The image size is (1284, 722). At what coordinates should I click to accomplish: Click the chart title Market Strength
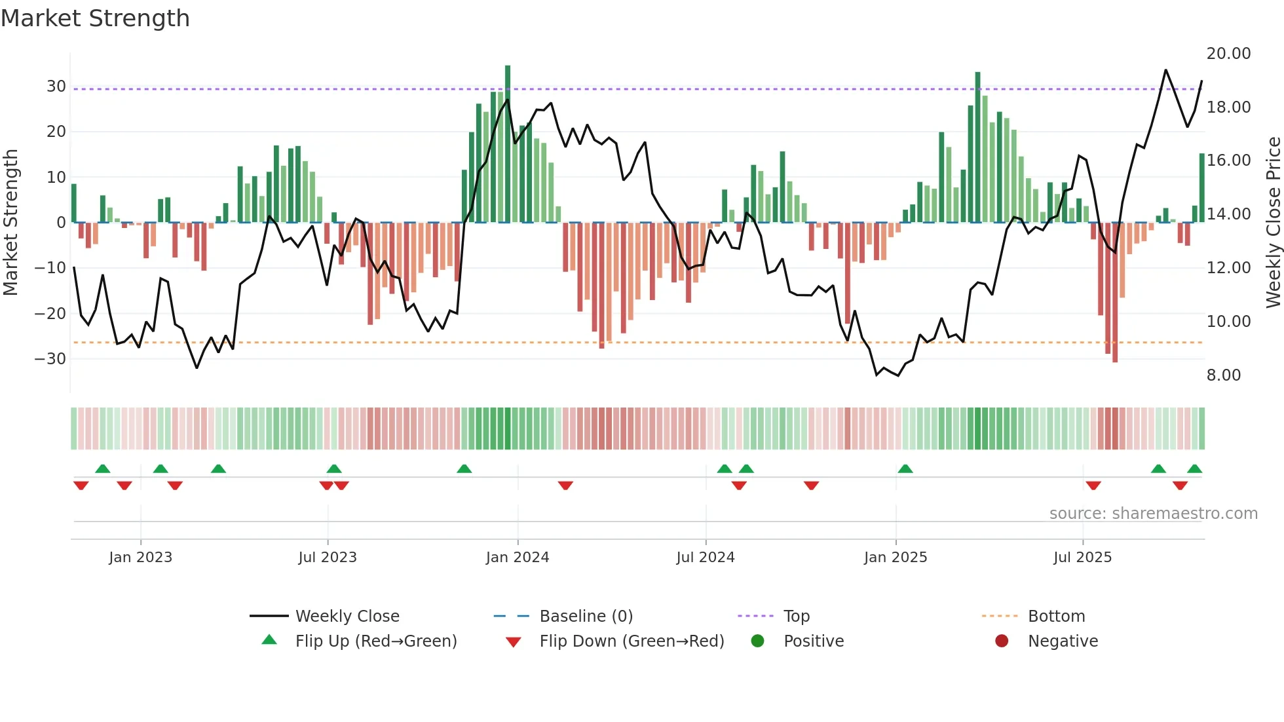(95, 18)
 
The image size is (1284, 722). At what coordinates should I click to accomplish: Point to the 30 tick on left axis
(56, 86)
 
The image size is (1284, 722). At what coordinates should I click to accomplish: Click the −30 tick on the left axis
(51, 359)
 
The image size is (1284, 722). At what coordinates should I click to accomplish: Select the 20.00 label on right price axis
(1228, 54)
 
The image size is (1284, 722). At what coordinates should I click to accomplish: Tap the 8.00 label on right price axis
(1223, 375)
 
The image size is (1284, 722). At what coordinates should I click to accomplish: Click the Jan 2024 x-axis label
(517, 558)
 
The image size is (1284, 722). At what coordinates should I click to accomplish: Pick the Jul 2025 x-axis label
(1082, 558)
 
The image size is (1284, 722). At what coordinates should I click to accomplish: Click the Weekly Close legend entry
(347, 617)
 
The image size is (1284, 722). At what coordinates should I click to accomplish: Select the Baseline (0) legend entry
(586, 617)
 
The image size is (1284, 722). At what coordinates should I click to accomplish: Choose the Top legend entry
(796, 617)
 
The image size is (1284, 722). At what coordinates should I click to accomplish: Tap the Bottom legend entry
(1056, 617)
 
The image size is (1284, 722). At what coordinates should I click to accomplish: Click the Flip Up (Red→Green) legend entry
(375, 641)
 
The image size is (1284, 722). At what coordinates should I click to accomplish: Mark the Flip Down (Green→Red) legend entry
(632, 641)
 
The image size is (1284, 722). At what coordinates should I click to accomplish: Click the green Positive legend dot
(757, 641)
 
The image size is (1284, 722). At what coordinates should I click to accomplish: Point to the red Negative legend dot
(1002, 641)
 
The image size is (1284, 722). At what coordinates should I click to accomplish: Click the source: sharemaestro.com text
(1153, 514)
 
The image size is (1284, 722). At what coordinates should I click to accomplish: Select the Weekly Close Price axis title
(1273, 223)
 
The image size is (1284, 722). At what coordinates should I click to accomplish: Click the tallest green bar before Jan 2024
(508, 144)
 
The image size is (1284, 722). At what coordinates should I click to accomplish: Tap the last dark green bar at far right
(1202, 188)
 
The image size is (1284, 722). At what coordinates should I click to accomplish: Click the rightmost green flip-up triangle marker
(1194, 469)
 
